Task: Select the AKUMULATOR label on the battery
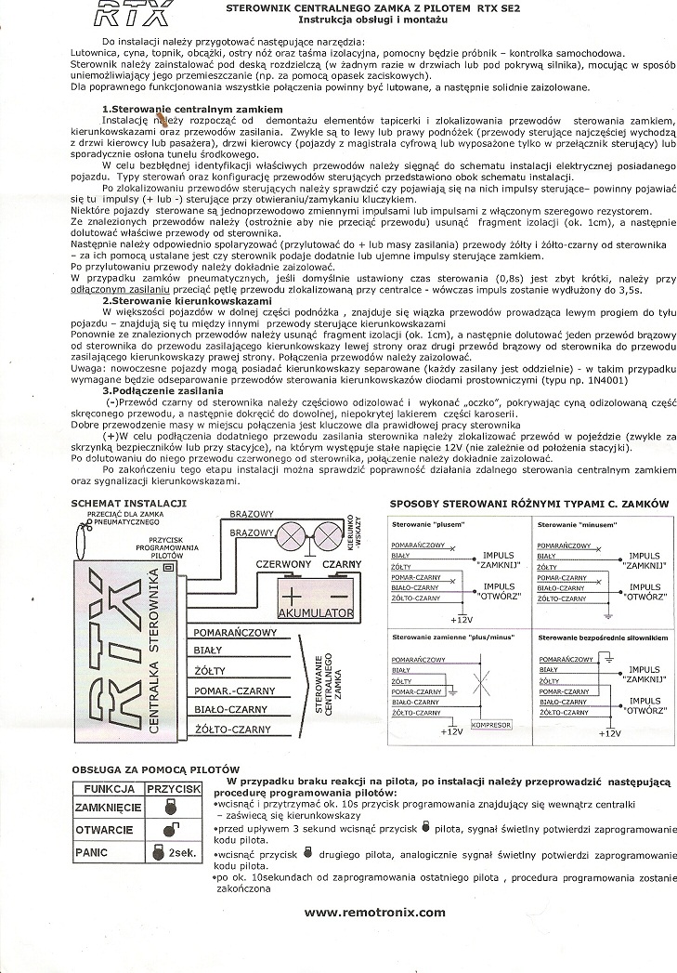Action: [x=316, y=614]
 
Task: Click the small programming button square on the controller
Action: [x=168, y=567]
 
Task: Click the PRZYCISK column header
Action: [x=175, y=787]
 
